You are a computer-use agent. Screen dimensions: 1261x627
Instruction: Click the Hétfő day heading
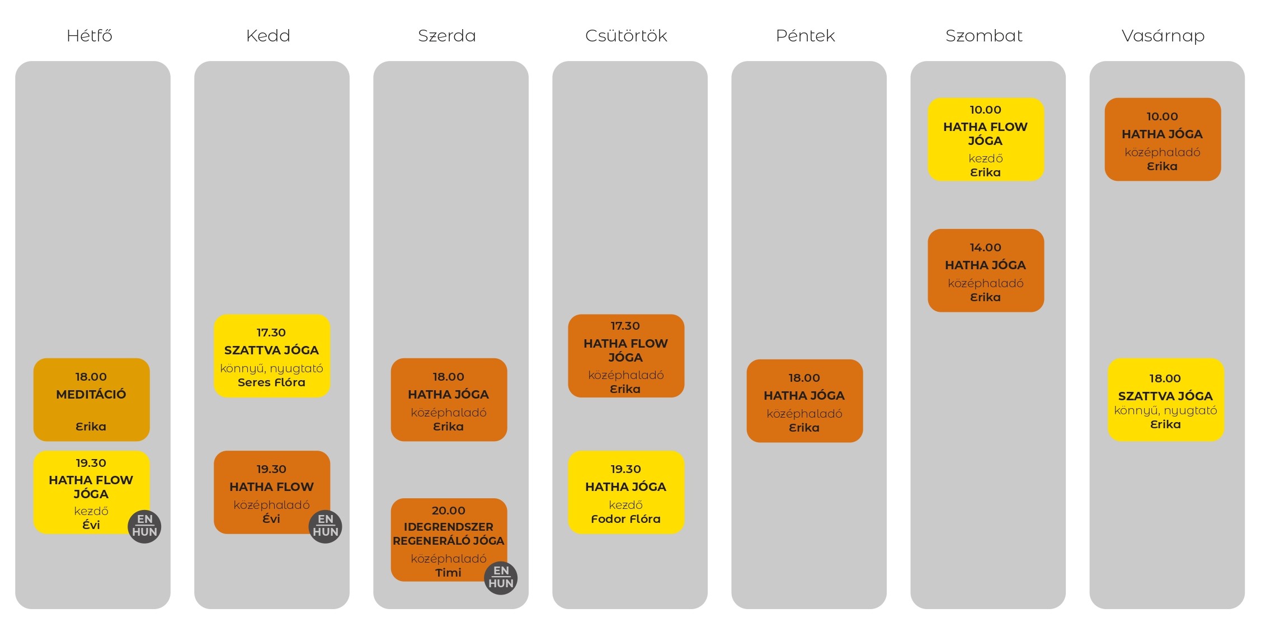90,36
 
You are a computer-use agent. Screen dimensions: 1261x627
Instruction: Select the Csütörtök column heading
626,36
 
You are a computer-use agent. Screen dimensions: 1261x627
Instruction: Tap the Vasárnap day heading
1163,36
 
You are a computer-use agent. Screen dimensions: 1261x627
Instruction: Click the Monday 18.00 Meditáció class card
92,400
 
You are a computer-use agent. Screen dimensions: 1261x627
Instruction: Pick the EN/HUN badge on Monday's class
144,526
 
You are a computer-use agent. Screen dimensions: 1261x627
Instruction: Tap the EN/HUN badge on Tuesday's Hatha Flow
325,526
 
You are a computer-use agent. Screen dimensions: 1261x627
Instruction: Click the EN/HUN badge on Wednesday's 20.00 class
501,578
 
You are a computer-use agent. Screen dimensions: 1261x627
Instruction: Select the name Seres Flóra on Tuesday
271,382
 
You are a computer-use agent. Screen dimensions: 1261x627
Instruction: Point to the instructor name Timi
448,573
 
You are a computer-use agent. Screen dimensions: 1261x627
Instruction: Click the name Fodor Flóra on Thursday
625,519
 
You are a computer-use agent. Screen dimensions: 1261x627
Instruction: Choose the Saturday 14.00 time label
985,247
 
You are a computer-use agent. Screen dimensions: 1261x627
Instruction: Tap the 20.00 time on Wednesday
448,511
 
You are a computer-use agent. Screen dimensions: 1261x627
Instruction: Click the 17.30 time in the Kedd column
271,333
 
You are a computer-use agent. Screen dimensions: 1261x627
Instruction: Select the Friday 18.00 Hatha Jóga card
804,401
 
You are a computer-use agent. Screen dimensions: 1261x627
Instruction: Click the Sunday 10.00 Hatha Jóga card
1163,139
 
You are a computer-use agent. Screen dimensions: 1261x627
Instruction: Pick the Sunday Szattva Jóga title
1165,396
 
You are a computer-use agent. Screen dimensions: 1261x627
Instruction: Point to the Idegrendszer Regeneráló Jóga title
448,534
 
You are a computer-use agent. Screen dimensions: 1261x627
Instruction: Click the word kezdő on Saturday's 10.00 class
986,158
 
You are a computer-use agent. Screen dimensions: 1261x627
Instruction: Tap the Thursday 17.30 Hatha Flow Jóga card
626,356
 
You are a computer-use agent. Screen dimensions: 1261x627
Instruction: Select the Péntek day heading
805,36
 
